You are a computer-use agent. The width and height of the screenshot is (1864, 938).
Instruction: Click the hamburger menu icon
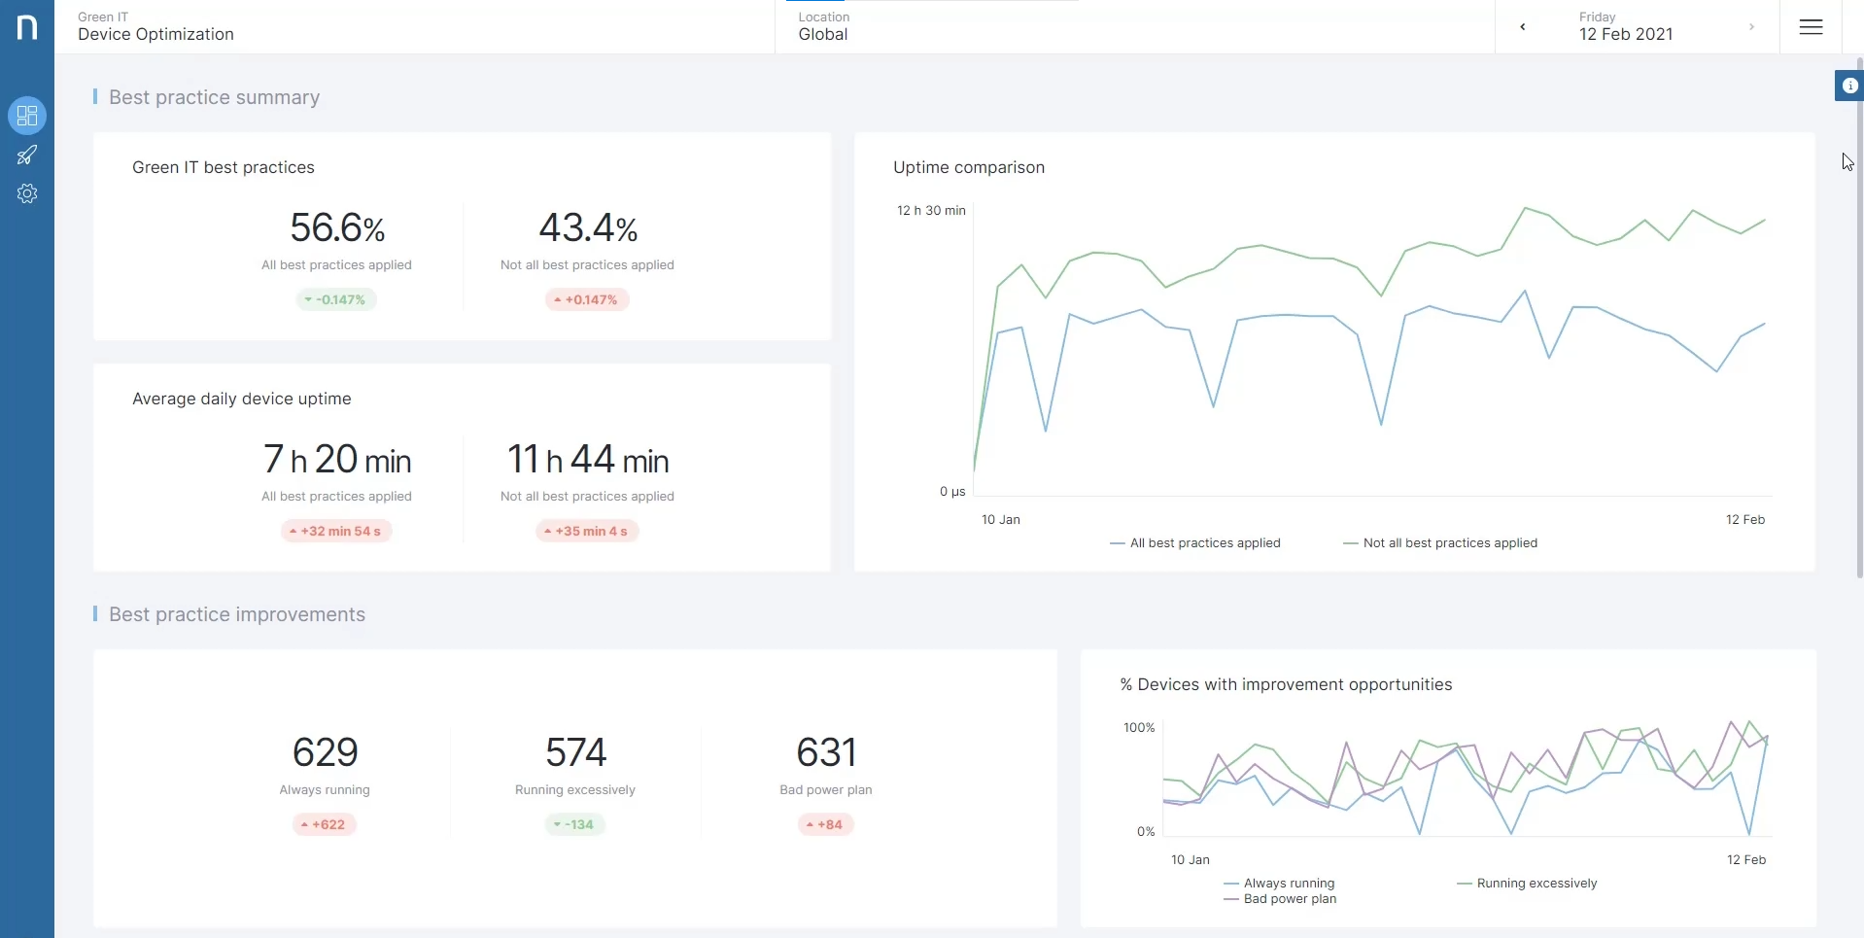click(1811, 27)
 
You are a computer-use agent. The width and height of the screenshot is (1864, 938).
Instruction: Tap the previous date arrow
click(1523, 27)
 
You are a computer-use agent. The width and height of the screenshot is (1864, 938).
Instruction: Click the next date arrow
click(1751, 27)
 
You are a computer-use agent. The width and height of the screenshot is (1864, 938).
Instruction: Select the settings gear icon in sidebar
click(27, 193)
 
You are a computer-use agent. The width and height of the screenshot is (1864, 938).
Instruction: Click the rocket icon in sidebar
click(27, 155)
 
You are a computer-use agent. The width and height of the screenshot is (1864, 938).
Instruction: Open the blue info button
click(1849, 86)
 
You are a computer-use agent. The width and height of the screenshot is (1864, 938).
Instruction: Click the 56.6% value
click(337, 228)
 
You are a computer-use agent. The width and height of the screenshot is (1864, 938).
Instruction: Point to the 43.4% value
click(588, 228)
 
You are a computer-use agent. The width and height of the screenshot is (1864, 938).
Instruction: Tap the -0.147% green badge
click(336, 299)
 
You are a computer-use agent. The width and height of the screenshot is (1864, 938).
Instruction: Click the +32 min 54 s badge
click(336, 531)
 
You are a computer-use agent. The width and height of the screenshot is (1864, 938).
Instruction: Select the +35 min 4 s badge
click(587, 531)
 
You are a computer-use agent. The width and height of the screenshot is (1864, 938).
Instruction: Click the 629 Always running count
click(325, 752)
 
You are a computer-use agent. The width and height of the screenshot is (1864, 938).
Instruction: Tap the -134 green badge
click(574, 824)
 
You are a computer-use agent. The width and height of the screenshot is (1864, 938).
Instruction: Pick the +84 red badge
click(825, 824)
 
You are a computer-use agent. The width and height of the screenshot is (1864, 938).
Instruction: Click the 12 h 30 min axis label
click(931, 210)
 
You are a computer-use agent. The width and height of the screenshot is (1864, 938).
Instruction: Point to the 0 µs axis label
click(952, 492)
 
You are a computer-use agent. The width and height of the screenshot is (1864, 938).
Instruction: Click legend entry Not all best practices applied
click(1440, 543)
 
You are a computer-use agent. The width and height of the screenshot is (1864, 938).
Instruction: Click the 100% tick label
click(1139, 728)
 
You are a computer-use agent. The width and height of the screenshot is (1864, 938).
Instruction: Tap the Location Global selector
click(824, 26)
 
